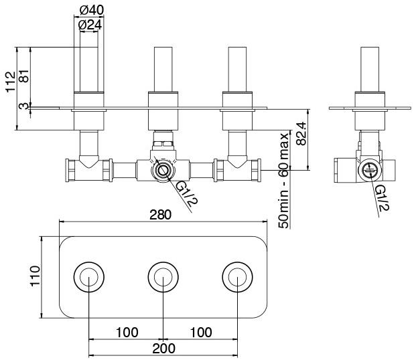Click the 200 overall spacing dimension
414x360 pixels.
[x=163, y=348]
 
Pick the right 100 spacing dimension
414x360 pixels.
[x=200, y=332]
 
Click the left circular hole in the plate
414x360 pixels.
[x=89, y=277]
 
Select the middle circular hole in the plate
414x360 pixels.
[x=162, y=277]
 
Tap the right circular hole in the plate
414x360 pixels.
[x=236, y=277]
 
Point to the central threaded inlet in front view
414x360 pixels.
[x=162, y=170]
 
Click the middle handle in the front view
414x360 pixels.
[x=163, y=68]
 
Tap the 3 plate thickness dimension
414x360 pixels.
[x=25, y=106]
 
